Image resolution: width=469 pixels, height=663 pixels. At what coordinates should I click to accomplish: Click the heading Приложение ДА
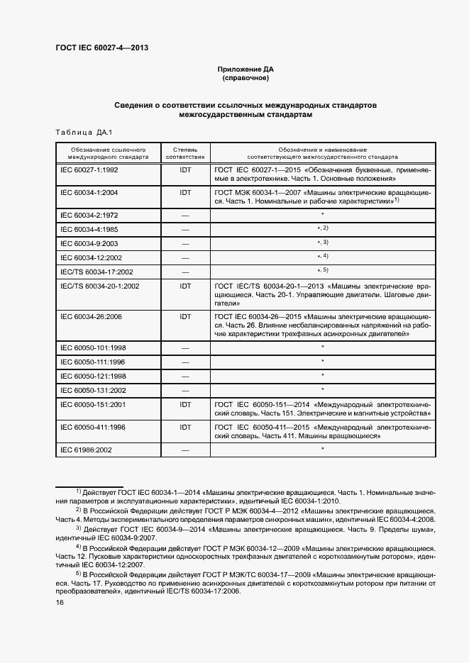tap(245, 69)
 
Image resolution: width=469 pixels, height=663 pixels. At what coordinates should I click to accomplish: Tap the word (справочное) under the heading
tap(245, 78)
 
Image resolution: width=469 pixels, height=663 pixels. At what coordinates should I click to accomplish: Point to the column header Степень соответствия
tap(185, 153)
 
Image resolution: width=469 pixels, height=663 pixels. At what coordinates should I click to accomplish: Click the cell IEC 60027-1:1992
tap(89, 172)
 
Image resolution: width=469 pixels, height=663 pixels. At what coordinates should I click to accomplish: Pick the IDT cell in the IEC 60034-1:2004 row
tap(185, 192)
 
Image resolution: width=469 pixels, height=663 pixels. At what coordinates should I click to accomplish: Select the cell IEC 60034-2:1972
tap(89, 213)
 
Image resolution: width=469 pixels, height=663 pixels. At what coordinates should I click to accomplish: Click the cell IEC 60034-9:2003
tap(89, 243)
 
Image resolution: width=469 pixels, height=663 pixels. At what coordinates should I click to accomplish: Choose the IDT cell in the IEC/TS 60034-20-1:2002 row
tap(185, 286)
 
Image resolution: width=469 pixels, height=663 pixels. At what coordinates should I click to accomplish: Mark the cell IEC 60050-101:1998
tap(93, 347)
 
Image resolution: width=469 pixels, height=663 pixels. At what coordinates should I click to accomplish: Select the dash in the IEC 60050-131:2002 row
tap(185, 390)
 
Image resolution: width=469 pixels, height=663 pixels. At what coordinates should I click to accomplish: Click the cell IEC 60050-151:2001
tap(93, 404)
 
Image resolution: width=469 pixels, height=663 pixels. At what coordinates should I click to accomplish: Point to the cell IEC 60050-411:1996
tap(93, 428)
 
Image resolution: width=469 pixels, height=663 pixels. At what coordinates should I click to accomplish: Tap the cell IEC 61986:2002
tap(87, 450)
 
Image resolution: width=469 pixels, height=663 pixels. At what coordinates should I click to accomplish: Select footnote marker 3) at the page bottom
tap(79, 528)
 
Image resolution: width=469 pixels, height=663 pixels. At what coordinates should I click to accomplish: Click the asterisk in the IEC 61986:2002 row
tap(322, 450)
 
